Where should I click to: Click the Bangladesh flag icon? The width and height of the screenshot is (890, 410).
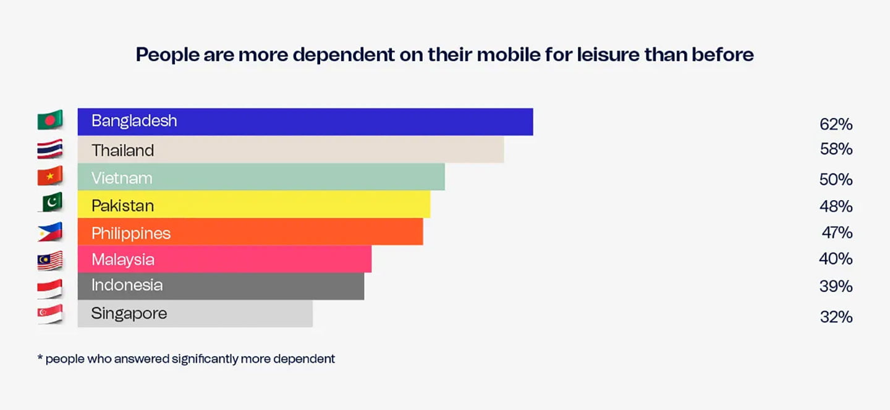[50, 120]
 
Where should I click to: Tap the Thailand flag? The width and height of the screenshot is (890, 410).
[50, 149]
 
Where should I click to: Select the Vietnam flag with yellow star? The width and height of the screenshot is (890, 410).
[50, 177]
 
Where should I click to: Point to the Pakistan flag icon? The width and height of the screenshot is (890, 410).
[50, 203]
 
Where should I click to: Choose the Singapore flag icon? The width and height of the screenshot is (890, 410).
[50, 314]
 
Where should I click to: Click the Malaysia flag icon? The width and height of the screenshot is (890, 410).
[50, 261]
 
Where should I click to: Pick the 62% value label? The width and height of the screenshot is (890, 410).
[836, 125]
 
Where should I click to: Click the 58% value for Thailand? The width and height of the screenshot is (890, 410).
[836, 149]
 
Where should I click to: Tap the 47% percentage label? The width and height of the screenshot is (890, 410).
[837, 233]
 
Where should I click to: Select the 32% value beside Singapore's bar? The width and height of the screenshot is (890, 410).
[836, 317]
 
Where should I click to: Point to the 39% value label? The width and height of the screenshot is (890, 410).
[836, 287]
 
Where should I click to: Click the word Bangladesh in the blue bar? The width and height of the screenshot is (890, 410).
[134, 121]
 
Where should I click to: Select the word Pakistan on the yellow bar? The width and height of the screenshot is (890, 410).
[122, 206]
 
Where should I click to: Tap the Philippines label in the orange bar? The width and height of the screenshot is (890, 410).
[131, 233]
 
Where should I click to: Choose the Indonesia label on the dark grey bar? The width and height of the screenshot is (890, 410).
[127, 285]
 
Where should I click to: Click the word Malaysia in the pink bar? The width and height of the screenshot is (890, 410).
[123, 260]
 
